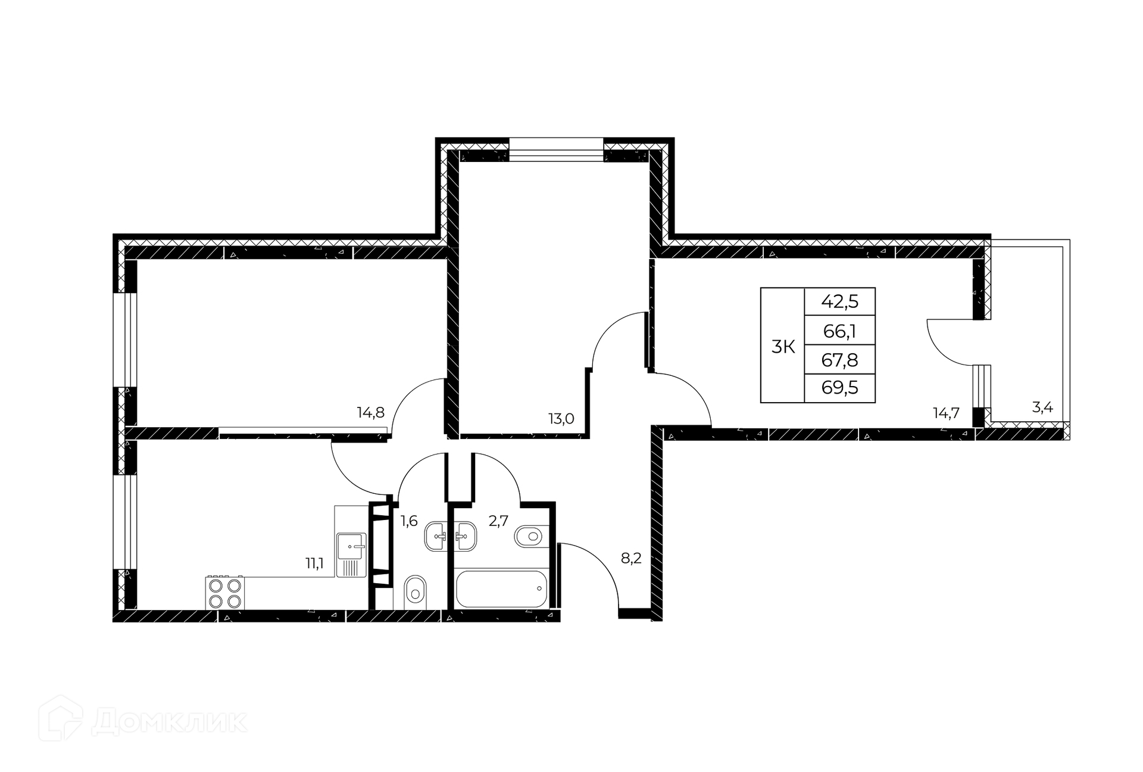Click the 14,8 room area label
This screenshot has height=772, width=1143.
(370, 412)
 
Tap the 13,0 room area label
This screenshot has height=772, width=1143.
(561, 419)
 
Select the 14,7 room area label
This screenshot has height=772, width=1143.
(946, 413)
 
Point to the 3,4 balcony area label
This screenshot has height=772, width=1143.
(1042, 408)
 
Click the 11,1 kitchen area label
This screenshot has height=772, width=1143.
(314, 564)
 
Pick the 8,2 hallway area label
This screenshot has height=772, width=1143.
(631, 559)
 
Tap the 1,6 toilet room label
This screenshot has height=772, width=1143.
(408, 522)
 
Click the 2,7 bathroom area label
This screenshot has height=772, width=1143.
(498, 521)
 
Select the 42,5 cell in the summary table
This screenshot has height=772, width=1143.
(839, 301)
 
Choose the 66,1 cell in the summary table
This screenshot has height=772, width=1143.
(839, 331)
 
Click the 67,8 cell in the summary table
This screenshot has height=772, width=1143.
(839, 359)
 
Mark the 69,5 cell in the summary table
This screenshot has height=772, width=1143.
(839, 388)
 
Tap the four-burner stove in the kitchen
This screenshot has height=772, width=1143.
(226, 593)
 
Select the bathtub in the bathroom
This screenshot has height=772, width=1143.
(500, 589)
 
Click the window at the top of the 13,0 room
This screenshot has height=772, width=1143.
(556, 150)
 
